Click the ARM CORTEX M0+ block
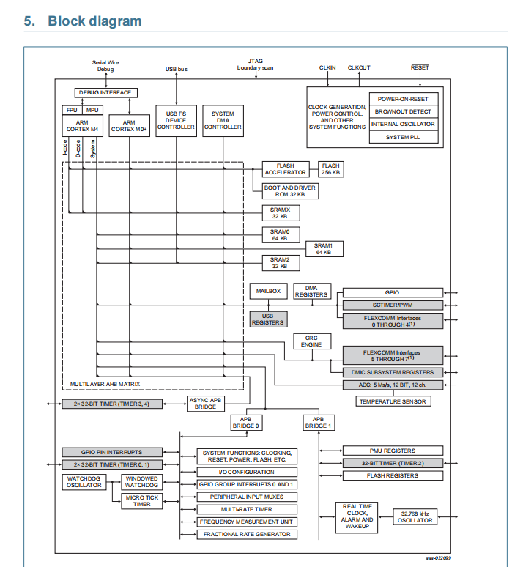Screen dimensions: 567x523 [129, 125]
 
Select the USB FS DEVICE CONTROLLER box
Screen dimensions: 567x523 [176, 120]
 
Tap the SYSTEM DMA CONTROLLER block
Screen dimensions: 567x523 [223, 120]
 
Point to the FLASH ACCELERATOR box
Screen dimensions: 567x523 [286, 169]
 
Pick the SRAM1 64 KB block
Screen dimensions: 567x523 [324, 248]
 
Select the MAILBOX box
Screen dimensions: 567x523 [267, 292]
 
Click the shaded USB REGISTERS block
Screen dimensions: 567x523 [268, 319]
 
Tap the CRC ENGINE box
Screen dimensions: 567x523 [312, 341]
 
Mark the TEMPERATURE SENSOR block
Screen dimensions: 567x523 [393, 401]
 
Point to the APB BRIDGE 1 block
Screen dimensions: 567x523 [319, 422]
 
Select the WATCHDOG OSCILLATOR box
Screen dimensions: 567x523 [84, 481]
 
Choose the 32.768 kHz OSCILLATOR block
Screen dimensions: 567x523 [415, 516]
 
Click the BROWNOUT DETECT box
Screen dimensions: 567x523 [407, 111]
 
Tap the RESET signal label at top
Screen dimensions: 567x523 [420, 67]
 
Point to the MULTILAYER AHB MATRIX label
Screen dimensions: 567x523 [105, 384]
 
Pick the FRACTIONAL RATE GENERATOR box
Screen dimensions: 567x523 [248, 534]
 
